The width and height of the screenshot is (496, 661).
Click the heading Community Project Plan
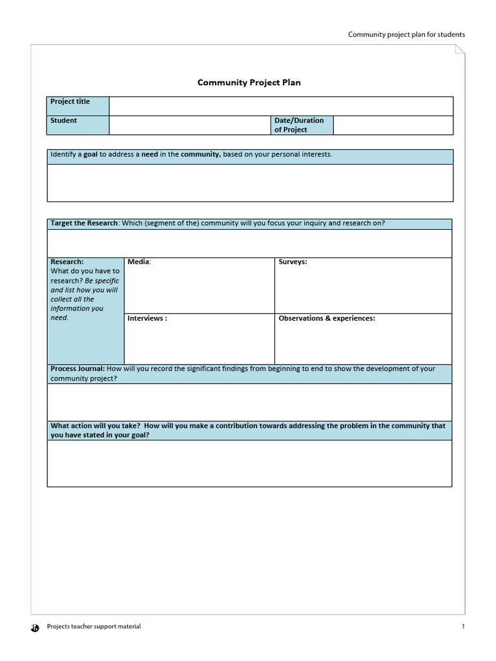[x=249, y=83]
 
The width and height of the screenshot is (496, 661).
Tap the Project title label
[x=70, y=102]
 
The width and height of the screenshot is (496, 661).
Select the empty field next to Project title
[x=281, y=106]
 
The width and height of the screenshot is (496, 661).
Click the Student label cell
[x=64, y=121]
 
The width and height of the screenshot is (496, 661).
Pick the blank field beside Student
[x=190, y=125]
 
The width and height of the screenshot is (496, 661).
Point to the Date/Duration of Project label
[x=299, y=125]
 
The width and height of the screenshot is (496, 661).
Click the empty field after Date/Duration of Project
[x=393, y=125]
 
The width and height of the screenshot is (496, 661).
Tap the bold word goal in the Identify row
[x=90, y=155]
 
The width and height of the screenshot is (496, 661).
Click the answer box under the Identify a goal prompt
[x=250, y=183]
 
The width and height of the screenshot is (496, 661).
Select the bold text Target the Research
[x=85, y=223]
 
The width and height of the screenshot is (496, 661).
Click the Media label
[x=139, y=262]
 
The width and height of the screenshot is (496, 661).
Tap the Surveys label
[x=293, y=262]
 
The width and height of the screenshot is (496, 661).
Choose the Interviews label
[x=147, y=319]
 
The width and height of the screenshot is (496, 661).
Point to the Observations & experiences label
[x=326, y=319]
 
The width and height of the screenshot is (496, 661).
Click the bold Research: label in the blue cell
[x=67, y=262]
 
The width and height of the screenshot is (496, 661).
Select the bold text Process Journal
[x=77, y=369]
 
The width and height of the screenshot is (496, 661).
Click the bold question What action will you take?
[x=96, y=426]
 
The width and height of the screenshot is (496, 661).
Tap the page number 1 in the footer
[x=463, y=627]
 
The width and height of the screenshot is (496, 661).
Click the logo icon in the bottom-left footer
[x=36, y=627]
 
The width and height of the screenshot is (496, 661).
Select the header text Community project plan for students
[x=406, y=35]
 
